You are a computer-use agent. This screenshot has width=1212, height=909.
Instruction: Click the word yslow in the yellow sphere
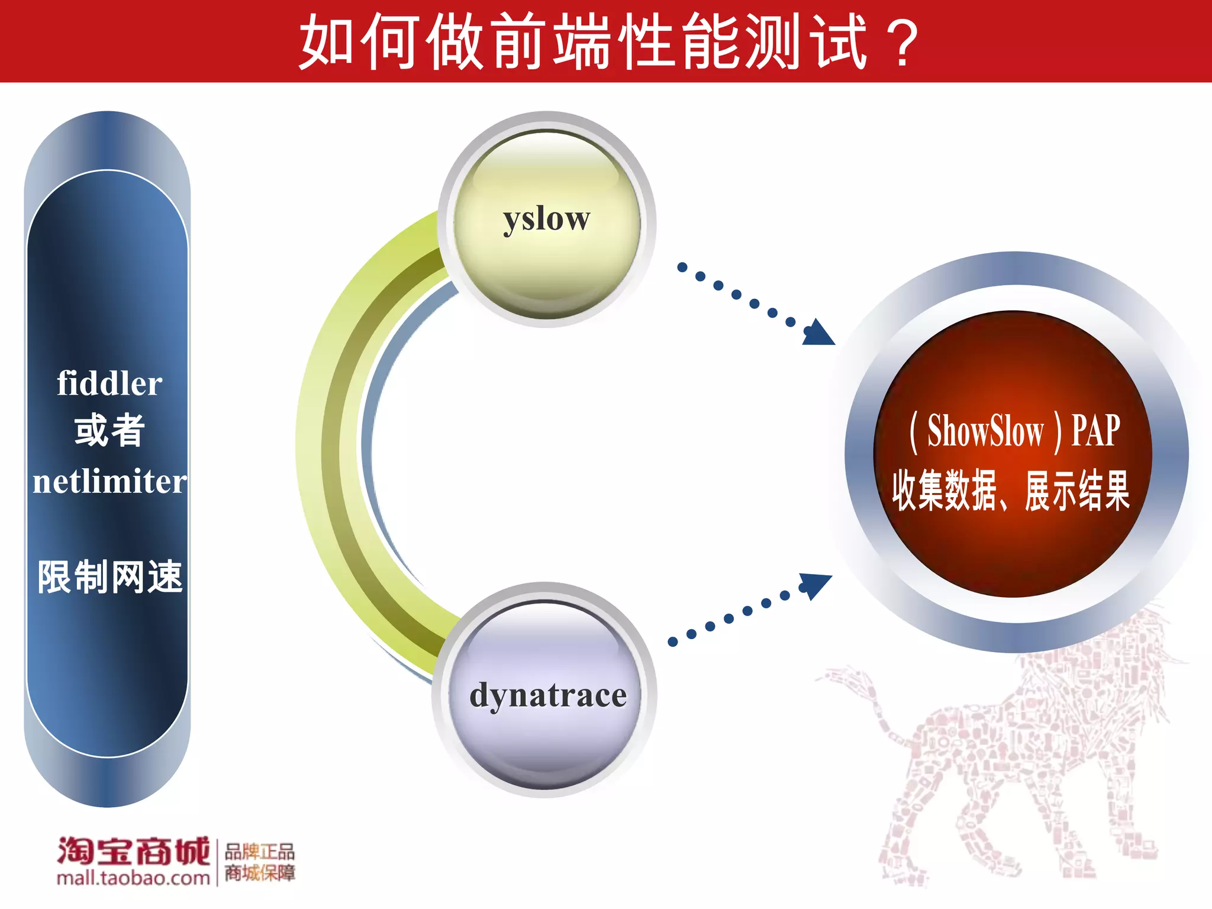[546, 220]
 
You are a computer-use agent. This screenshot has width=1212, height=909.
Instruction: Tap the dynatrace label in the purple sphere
[548, 695]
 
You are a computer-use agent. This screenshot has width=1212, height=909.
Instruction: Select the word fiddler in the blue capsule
[109, 383]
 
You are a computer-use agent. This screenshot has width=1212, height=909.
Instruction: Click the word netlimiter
[109, 481]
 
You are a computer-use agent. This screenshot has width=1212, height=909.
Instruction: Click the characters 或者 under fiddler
[109, 431]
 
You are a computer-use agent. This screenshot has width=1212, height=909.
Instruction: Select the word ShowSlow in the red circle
[985, 431]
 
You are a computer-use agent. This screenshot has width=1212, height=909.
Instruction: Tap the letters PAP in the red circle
[1095, 431]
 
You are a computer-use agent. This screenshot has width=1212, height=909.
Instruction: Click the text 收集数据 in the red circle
[945, 490]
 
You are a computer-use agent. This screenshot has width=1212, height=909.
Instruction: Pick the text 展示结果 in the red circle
[1077, 490]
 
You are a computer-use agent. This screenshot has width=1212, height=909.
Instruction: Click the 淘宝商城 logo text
[133, 852]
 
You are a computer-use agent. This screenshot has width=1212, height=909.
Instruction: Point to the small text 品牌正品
[259, 852]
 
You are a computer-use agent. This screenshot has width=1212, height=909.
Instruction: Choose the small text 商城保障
[259, 873]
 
